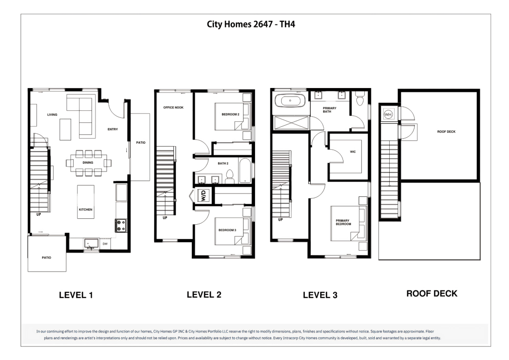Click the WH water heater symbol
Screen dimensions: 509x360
388,114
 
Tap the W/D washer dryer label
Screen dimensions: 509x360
203,195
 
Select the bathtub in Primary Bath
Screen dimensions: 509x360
290,100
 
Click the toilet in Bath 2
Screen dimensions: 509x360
230,176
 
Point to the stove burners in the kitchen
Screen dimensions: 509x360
121,225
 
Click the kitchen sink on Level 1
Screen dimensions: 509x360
91,244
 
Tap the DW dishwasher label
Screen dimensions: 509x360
105,244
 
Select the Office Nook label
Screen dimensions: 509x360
173,107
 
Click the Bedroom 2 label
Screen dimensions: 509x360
231,114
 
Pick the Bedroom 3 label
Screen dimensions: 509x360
227,230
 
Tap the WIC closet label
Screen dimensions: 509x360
353,152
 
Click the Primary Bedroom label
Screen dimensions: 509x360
343,222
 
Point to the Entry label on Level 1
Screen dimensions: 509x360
113,129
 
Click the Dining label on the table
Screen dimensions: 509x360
87,162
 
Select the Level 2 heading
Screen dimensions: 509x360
204,294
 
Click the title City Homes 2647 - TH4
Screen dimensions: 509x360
251,24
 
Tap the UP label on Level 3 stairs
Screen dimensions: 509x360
280,219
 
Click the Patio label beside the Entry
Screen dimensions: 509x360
141,143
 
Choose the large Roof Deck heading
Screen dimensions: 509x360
432,293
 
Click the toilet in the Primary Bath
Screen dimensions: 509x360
360,99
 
